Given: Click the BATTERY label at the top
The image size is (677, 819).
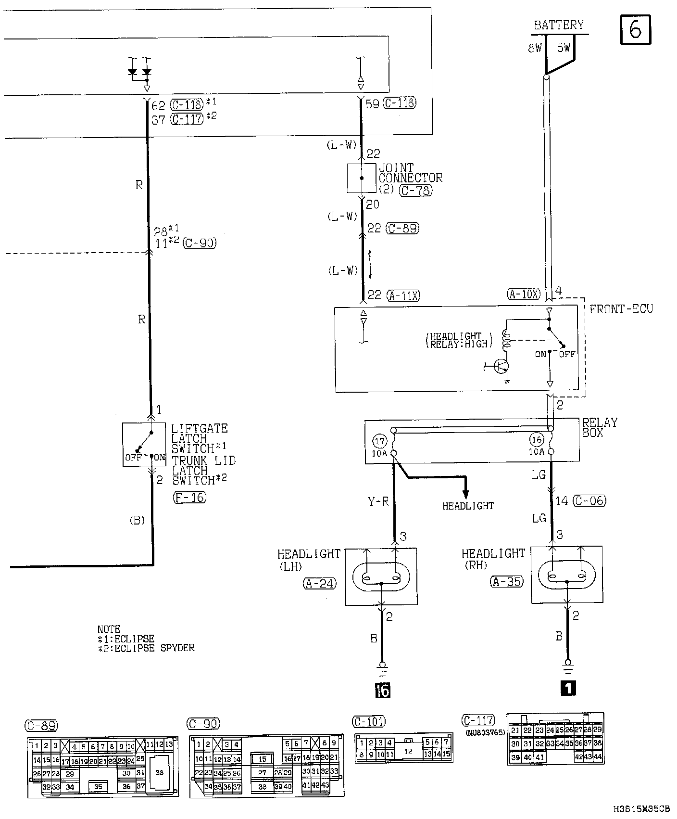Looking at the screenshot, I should pos(559,25).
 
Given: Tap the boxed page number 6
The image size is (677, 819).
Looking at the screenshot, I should pos(635,30).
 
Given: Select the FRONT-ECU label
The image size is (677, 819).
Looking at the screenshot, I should pos(621,309).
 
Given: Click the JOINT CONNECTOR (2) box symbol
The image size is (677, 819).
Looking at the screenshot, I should pos(362,178).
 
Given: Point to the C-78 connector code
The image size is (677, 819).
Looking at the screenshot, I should pos(416,191).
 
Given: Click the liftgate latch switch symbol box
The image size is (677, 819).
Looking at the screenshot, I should pos(144,444).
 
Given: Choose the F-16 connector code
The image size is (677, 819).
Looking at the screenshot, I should pos(189,498).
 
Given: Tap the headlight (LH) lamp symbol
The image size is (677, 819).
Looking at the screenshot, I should pos(381,576).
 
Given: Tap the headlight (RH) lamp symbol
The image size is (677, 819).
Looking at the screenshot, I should pos(567,575).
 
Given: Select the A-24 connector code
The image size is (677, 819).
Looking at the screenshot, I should pos(320,584).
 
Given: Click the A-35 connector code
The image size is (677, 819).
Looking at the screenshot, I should pos(506,582).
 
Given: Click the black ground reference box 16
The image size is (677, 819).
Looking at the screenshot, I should pos(383,690).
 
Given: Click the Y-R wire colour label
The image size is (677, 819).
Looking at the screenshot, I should pos(378,502).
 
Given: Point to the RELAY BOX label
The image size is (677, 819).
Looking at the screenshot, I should pos(600,427).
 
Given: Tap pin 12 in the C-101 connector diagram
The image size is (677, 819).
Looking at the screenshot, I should pos(409,751).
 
